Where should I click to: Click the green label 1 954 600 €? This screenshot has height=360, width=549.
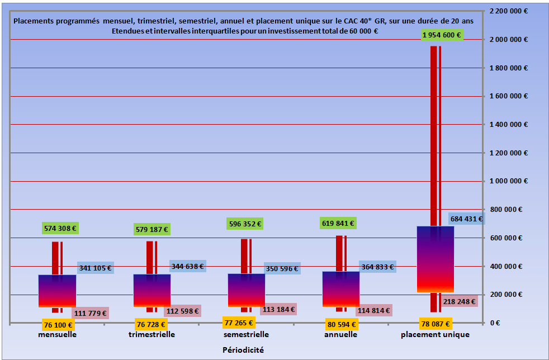(x=442, y=35)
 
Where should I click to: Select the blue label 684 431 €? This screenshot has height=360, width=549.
(x=466, y=219)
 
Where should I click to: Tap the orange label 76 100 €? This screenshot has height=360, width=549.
(x=59, y=324)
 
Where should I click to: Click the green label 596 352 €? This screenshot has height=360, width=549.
(x=245, y=224)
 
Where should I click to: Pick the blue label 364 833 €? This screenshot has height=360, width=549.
(x=377, y=267)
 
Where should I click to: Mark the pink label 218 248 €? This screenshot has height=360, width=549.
(x=459, y=301)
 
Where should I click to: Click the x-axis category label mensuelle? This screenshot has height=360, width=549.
(x=58, y=334)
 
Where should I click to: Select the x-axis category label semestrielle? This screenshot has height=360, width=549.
(x=246, y=334)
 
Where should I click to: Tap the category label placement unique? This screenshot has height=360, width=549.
(x=435, y=334)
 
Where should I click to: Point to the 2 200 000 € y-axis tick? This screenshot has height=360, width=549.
(x=508, y=11)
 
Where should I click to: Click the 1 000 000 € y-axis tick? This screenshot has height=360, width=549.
(x=508, y=181)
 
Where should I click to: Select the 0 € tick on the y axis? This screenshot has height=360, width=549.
(x=494, y=323)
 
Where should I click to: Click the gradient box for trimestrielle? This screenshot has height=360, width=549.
(x=152, y=290)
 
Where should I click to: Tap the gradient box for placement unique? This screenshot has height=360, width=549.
(x=436, y=259)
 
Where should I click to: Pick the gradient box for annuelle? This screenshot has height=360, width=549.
(x=341, y=289)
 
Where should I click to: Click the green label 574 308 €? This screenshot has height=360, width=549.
(x=60, y=228)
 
